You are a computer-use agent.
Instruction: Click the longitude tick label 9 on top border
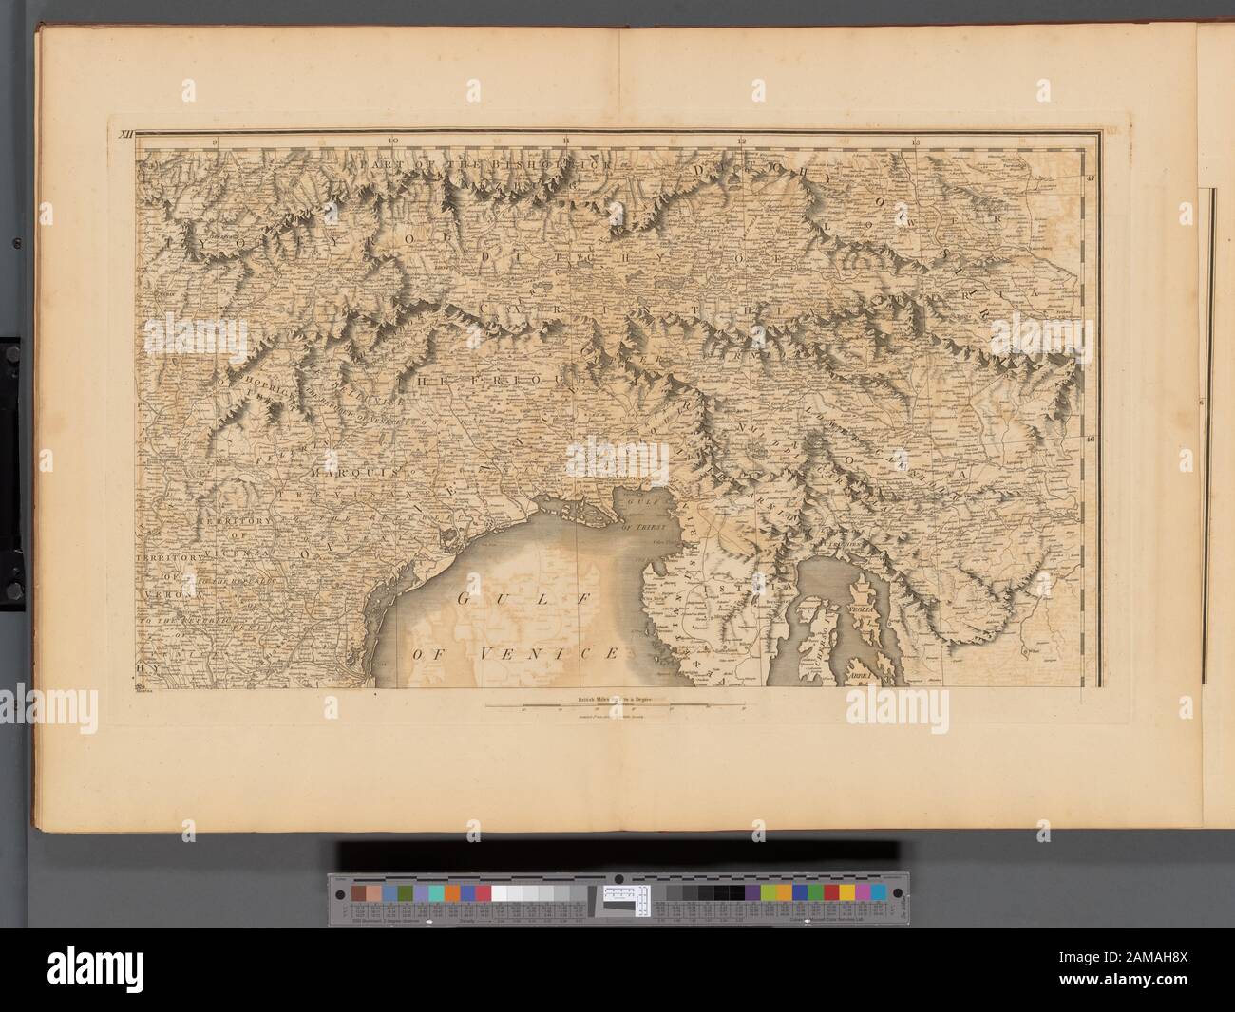(217, 141)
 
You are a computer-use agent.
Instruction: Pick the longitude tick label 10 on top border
(392, 141)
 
